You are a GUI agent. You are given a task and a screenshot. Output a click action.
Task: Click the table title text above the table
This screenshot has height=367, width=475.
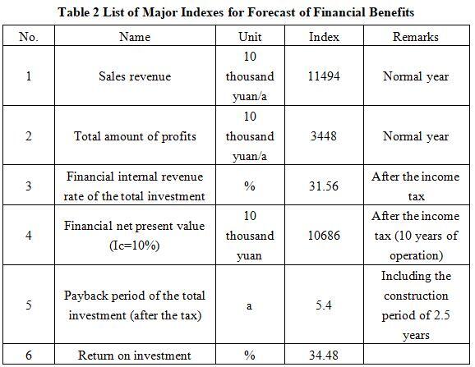tap(236, 12)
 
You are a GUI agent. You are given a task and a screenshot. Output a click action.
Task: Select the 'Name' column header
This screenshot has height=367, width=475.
tap(135, 37)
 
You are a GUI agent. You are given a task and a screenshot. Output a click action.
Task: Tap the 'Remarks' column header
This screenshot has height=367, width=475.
tap(416, 37)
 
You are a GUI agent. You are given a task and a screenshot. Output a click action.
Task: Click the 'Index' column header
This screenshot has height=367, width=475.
tap(324, 37)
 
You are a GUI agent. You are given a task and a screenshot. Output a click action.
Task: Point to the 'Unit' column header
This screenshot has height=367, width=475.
tap(250, 37)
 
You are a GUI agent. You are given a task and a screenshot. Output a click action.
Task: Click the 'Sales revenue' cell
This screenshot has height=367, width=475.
tap(135, 76)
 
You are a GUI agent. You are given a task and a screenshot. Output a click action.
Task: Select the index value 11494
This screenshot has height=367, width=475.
tap(324, 76)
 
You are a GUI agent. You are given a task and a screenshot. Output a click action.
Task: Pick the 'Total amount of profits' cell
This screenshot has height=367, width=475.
tap(135, 136)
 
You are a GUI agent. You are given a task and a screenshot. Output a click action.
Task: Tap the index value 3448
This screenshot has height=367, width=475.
tap(324, 136)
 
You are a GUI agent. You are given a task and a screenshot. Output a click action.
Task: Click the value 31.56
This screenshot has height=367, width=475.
tap(324, 186)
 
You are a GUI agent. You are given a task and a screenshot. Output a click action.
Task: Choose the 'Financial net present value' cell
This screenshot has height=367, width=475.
tap(135, 236)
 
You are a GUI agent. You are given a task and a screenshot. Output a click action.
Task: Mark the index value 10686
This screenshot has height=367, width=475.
tap(324, 236)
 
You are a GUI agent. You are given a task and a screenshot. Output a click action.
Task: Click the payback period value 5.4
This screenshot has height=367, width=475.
tap(324, 305)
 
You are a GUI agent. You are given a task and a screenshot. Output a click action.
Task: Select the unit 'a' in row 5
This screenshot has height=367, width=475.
tap(249, 306)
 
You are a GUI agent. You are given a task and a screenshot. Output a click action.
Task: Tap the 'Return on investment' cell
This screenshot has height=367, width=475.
tap(135, 356)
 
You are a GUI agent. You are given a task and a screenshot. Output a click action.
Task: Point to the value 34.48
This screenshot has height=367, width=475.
tap(324, 356)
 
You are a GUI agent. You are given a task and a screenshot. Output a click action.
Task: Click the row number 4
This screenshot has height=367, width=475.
tap(29, 236)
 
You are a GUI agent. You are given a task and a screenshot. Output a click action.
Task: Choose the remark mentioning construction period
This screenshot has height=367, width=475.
tap(416, 305)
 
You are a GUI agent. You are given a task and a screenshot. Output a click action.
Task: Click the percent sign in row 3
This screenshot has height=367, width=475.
tap(250, 186)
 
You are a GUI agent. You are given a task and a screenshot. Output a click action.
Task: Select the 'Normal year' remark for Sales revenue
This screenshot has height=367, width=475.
tap(416, 76)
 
